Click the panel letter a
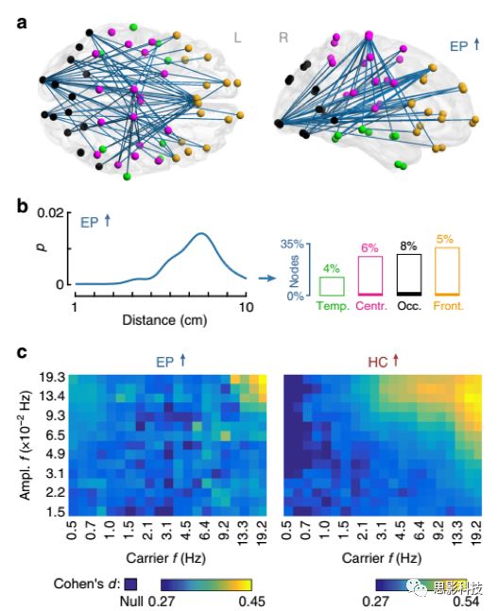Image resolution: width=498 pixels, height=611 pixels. click(x=23, y=23)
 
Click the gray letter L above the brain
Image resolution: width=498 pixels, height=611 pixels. click(x=237, y=38)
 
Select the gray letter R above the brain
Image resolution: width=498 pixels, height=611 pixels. click(x=283, y=38)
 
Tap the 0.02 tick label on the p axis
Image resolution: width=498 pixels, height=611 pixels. click(x=50, y=213)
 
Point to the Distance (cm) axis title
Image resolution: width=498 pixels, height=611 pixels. click(x=164, y=320)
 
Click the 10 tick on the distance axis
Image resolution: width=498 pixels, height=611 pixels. click(x=246, y=308)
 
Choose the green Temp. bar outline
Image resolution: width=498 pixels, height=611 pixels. click(x=332, y=286)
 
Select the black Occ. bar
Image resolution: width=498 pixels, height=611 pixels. click(x=409, y=275)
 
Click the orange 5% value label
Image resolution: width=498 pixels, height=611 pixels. click(x=445, y=239)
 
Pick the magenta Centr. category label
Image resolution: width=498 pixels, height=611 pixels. click(x=371, y=306)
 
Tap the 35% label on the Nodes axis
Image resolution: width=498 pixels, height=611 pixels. click(x=292, y=244)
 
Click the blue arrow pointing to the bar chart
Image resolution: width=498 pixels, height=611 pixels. click(x=267, y=279)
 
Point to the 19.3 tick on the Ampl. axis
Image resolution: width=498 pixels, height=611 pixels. click(x=51, y=377)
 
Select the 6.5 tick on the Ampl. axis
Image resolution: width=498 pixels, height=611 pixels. click(x=56, y=434)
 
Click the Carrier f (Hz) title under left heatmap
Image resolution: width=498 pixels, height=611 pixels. click(x=165, y=558)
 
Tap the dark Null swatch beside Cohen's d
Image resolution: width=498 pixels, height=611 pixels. click(x=130, y=585)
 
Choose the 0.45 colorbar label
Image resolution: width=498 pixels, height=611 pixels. click(x=251, y=602)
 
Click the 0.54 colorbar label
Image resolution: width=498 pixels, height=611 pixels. click(x=466, y=602)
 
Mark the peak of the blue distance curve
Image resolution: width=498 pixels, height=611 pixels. click(x=201, y=233)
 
